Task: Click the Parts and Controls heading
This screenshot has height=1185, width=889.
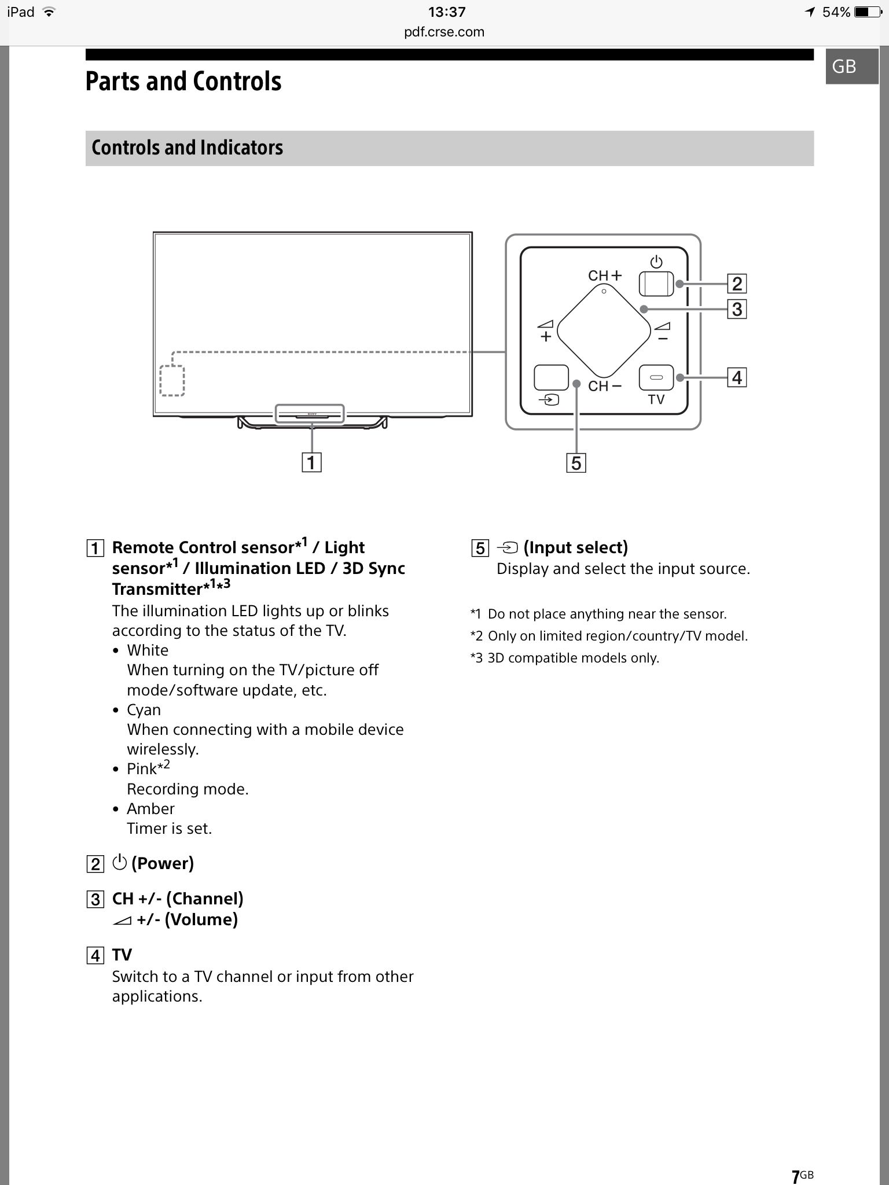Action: pos(183,82)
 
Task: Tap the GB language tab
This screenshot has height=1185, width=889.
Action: pos(844,67)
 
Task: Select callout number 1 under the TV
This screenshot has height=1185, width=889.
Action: pos(311,462)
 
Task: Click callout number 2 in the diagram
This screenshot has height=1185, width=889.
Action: pos(737,284)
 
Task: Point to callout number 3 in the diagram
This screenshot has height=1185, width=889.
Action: pos(737,309)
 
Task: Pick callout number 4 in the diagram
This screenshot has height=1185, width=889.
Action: pos(737,378)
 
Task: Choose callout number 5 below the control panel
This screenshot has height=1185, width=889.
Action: pos(576,463)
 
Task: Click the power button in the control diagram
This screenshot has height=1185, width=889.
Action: pos(656,284)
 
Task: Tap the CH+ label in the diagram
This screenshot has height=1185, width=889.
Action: pos(604,275)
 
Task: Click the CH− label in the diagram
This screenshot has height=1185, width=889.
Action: pos(604,386)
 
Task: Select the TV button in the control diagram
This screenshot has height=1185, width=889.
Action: pos(656,378)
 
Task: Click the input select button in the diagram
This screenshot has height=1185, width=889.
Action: pos(551,378)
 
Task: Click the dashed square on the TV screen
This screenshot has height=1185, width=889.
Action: pos(172,381)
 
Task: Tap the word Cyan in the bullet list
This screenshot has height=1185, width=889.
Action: pos(144,710)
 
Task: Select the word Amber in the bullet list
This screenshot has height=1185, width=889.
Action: pos(150,809)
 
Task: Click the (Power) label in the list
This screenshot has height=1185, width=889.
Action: pos(162,863)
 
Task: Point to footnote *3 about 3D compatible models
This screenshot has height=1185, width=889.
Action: pos(565,658)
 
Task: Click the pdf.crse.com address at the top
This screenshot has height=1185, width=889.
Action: pos(444,32)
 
